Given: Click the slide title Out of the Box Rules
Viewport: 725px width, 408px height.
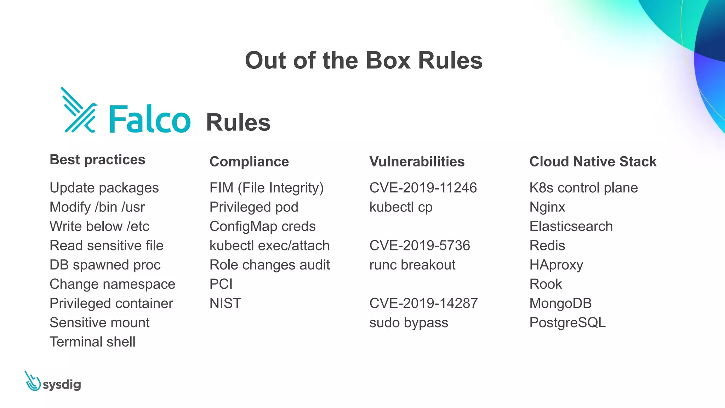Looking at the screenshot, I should click(x=364, y=61).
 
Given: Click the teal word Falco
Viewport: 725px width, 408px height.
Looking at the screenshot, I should click(x=150, y=119).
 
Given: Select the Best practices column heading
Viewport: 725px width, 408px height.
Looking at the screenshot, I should click(x=97, y=160).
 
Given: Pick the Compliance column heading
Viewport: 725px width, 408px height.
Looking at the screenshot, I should click(x=249, y=161).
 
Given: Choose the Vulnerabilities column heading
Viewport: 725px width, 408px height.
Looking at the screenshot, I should click(x=417, y=161).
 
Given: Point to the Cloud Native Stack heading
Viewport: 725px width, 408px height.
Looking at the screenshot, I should click(x=593, y=161).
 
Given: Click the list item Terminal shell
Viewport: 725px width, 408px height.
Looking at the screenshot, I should click(x=92, y=342).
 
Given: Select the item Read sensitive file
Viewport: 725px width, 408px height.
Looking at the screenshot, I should click(x=106, y=245).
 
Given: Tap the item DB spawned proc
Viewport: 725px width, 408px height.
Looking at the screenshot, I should click(x=105, y=265).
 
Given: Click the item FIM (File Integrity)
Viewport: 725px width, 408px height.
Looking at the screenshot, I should click(x=266, y=188).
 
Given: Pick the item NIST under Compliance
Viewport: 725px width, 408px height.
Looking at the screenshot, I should click(x=225, y=303).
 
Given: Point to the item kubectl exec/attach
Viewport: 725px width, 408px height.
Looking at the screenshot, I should click(x=269, y=245).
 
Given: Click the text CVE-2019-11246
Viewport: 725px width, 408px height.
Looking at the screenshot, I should click(x=423, y=188).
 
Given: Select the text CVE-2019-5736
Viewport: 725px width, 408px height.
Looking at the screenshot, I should click(x=419, y=245).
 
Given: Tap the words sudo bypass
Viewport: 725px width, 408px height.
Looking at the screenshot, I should click(x=409, y=323).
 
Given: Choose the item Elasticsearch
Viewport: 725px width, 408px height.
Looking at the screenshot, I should click(x=571, y=226).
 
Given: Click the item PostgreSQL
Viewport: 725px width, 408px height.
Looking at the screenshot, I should click(x=567, y=323).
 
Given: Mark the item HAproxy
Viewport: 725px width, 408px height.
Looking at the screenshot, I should click(x=556, y=265).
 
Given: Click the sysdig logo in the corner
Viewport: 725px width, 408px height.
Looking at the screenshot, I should click(x=53, y=382).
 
